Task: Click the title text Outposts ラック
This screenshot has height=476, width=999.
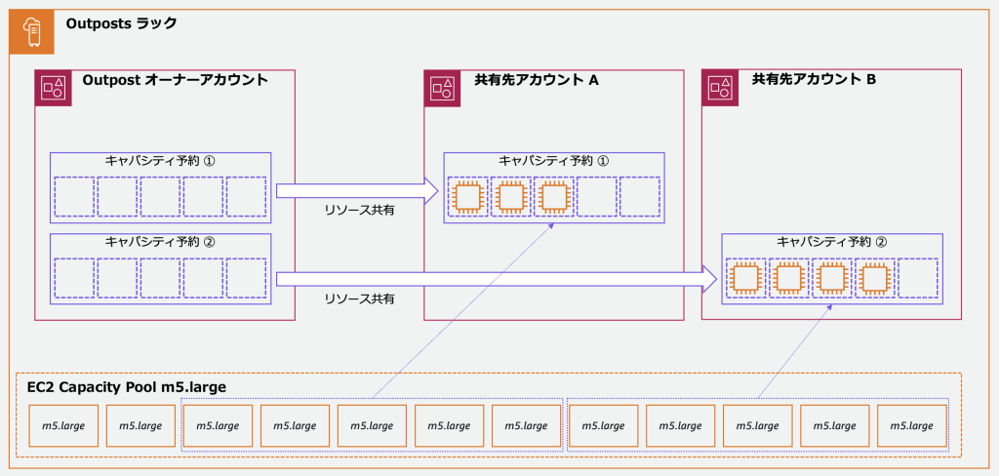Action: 121,22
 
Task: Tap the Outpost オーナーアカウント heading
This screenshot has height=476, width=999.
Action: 175,80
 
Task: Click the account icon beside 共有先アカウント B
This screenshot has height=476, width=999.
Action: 723,89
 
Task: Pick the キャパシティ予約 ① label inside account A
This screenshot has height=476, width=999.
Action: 552,161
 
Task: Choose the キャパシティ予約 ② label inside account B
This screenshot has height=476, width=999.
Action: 831,241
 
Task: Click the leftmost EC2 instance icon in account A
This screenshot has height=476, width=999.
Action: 466,197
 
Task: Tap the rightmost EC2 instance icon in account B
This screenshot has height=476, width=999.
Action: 874,277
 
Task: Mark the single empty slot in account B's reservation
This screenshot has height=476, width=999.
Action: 917,277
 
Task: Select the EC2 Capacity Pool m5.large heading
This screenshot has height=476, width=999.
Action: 127,387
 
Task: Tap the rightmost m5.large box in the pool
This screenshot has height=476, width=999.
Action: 911,426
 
